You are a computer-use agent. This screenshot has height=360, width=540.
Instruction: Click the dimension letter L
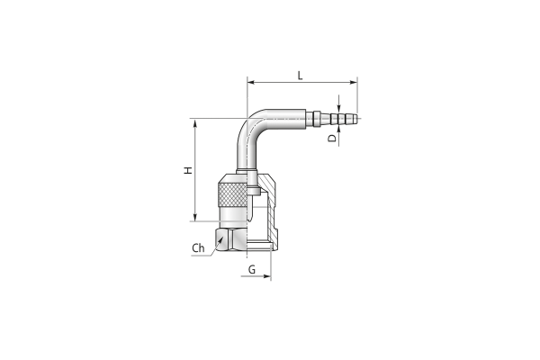click(300, 76)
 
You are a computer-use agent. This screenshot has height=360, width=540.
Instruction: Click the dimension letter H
click(188, 170)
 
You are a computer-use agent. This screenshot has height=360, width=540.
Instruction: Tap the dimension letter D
click(332, 138)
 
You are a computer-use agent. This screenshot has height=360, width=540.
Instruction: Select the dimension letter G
click(252, 269)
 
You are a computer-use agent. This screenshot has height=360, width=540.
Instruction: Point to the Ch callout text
click(198, 248)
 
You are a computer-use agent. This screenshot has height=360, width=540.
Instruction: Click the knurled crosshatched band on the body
click(233, 195)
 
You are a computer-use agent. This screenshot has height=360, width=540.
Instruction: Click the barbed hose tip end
click(355, 118)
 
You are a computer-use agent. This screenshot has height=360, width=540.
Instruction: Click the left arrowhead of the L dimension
click(251, 82)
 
